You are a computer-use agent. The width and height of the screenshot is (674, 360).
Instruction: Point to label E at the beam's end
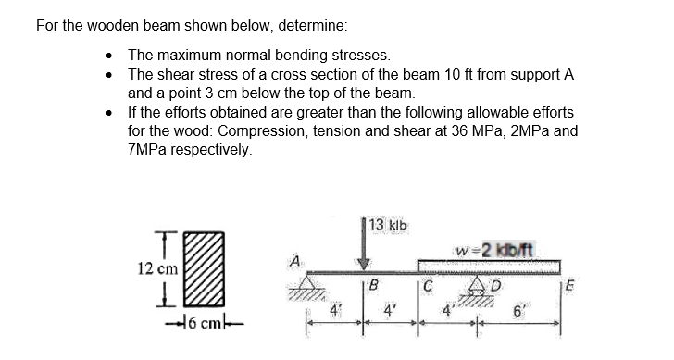click(x=568, y=284)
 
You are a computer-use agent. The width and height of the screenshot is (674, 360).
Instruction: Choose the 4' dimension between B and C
click(x=392, y=312)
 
